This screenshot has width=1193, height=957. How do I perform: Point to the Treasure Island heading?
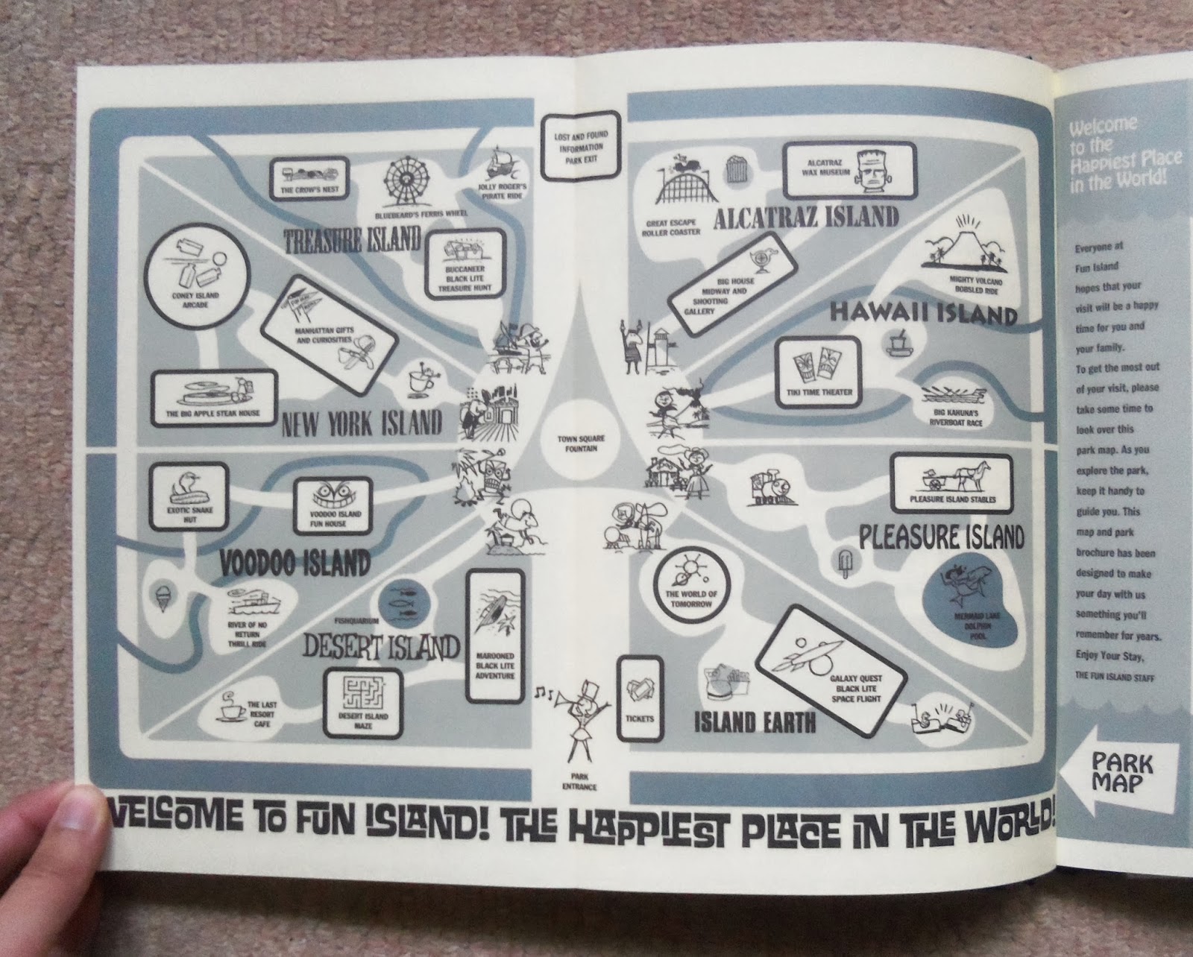[353, 241]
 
